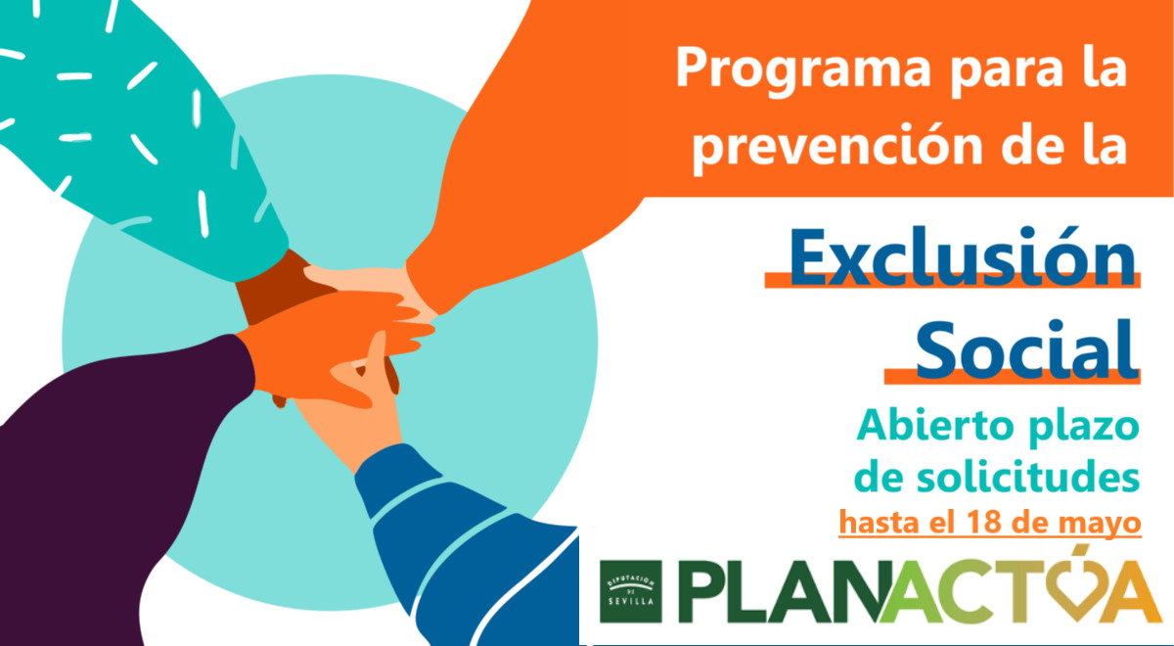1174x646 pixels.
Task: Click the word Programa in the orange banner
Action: click(803, 70)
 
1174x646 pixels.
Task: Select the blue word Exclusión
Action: click(963, 256)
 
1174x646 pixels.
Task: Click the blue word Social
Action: click(1026, 349)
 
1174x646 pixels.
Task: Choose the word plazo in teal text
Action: click(1083, 428)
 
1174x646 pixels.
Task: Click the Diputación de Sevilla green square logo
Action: click(630, 591)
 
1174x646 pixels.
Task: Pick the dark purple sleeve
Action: click(105, 472)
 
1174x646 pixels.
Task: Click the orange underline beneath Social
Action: click(1012, 376)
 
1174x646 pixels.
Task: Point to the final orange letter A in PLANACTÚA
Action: click(1133, 591)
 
